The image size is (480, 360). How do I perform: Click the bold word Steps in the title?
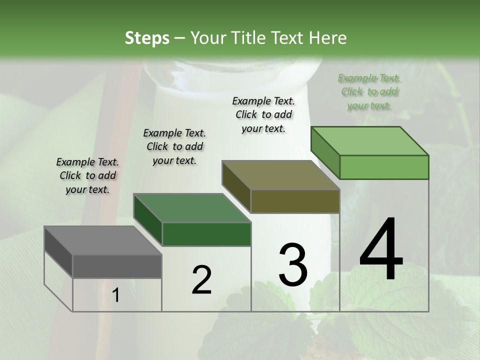click(x=147, y=38)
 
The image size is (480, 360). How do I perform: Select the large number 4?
click(x=381, y=250)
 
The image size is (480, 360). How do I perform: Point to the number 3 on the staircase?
click(x=293, y=265)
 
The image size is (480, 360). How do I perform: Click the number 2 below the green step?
click(x=201, y=280)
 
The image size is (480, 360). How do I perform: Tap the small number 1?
click(x=116, y=295)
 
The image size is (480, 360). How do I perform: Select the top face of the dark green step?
click(x=192, y=208)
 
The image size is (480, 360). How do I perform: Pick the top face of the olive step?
click(x=280, y=175)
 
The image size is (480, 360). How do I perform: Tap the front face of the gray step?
click(x=117, y=266)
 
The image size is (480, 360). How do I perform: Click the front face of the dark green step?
click(x=206, y=234)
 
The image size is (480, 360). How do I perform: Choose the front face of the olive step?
click(x=295, y=201)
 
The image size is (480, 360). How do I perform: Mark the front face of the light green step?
click(x=384, y=167)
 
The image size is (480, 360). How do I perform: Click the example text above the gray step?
click(x=87, y=175)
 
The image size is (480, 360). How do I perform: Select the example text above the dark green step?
click(x=174, y=146)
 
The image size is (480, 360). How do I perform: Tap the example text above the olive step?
click(x=263, y=114)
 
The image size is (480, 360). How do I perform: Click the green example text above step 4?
click(x=369, y=91)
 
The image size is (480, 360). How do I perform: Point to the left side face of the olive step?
click(x=236, y=186)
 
